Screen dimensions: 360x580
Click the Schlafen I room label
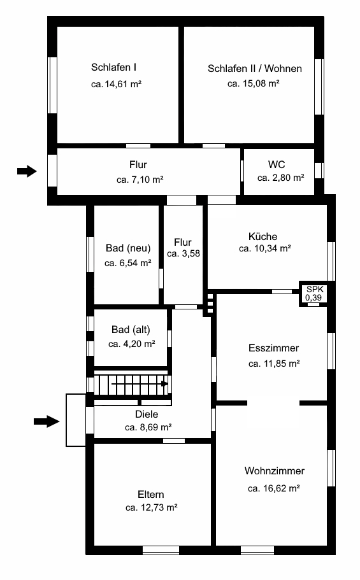click(x=113, y=67)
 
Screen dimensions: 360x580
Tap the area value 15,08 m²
click(x=261, y=83)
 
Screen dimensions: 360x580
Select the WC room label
click(x=277, y=165)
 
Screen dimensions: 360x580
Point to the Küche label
click(x=263, y=236)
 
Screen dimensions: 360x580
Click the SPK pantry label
click(x=315, y=289)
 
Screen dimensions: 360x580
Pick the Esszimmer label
click(x=274, y=348)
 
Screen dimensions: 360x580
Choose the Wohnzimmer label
click(x=275, y=471)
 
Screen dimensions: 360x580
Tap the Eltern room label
click(x=151, y=495)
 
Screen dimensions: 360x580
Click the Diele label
click(x=147, y=414)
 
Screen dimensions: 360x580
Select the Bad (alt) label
click(x=131, y=330)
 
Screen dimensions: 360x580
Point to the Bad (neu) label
click(x=128, y=248)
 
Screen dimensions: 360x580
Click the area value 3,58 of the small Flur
click(x=191, y=254)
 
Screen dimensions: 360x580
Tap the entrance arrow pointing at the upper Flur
click(x=27, y=171)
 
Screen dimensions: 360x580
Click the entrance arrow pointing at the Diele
click(x=47, y=421)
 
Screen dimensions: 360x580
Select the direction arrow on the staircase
click(x=140, y=383)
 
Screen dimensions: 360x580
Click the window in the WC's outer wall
click(x=319, y=171)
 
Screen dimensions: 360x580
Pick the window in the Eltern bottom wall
click(x=161, y=551)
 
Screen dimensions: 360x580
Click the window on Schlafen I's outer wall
click(x=53, y=85)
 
